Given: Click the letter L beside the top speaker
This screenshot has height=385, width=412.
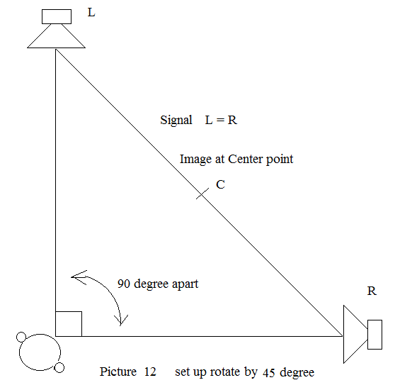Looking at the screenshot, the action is click(x=91, y=12).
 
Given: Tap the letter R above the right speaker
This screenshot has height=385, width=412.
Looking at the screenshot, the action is click(x=372, y=291).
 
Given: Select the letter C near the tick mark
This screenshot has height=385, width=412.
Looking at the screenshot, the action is click(x=220, y=184).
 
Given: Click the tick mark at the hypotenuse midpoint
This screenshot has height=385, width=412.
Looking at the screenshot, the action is click(x=202, y=194).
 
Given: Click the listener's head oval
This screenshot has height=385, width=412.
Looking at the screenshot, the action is click(x=40, y=334).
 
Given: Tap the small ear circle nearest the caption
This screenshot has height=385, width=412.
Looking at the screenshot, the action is click(x=59, y=368).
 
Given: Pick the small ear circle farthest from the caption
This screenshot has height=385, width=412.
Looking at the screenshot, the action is click(x=21, y=337).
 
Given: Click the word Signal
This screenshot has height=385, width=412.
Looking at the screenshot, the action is click(x=176, y=121).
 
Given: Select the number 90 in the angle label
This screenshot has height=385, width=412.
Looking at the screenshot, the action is click(x=124, y=284).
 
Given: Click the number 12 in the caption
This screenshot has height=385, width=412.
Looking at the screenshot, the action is click(x=150, y=372).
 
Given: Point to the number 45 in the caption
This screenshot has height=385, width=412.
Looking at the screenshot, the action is click(x=269, y=373).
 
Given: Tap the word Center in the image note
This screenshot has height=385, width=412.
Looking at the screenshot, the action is click(x=245, y=159).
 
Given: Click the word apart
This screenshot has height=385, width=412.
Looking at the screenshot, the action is click(x=185, y=284).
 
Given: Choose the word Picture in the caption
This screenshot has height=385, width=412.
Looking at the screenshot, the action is click(x=118, y=372).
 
